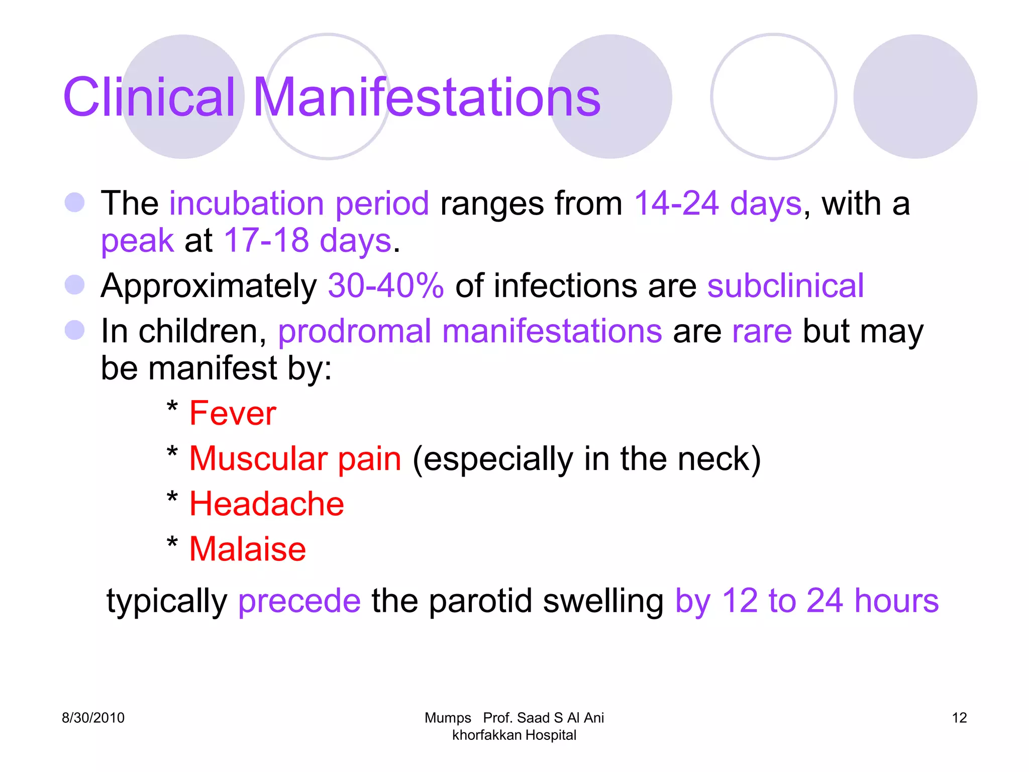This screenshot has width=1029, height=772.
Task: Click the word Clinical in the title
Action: (x=149, y=98)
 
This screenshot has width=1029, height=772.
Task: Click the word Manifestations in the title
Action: (x=427, y=98)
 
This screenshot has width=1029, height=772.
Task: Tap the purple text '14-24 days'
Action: (x=718, y=204)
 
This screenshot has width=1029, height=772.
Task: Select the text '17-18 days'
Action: (x=307, y=241)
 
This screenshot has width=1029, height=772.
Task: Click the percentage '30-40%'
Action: (x=385, y=286)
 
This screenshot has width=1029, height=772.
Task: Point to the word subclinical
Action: (x=785, y=286)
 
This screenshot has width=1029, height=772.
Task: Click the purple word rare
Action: (x=762, y=331)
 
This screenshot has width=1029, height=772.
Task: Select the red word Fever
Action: (x=233, y=414)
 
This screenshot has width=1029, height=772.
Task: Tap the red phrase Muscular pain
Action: (x=295, y=459)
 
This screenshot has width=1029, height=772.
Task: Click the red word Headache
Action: (x=267, y=504)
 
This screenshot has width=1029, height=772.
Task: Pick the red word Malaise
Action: (x=248, y=549)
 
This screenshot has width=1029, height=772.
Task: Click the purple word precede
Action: (x=299, y=601)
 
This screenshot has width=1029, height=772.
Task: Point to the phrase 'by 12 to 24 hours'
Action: (x=806, y=601)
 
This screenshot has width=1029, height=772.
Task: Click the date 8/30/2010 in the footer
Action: (x=93, y=718)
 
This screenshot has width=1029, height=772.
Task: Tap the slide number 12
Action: (x=959, y=718)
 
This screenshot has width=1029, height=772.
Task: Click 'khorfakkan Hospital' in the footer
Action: (x=514, y=735)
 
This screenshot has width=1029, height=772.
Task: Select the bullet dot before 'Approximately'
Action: (x=75, y=285)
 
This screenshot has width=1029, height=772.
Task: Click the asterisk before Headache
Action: (x=172, y=499)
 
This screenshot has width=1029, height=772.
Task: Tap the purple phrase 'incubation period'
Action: (x=299, y=204)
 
